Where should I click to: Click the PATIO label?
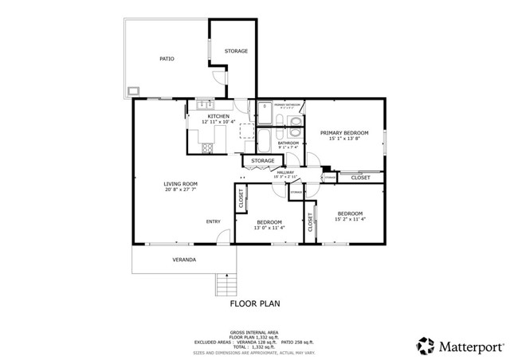click(167, 59)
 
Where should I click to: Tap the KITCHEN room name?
click(197, 115)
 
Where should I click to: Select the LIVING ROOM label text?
click(181, 184)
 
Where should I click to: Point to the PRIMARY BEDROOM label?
click(345, 132)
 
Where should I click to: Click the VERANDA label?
click(184, 260)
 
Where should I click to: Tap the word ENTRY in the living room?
click(214, 221)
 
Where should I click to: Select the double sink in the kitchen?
click(203, 104)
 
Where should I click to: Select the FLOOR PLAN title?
click(254, 303)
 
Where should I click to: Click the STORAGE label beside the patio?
click(236, 51)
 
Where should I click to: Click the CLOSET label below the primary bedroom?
click(360, 178)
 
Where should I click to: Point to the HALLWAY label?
click(284, 172)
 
